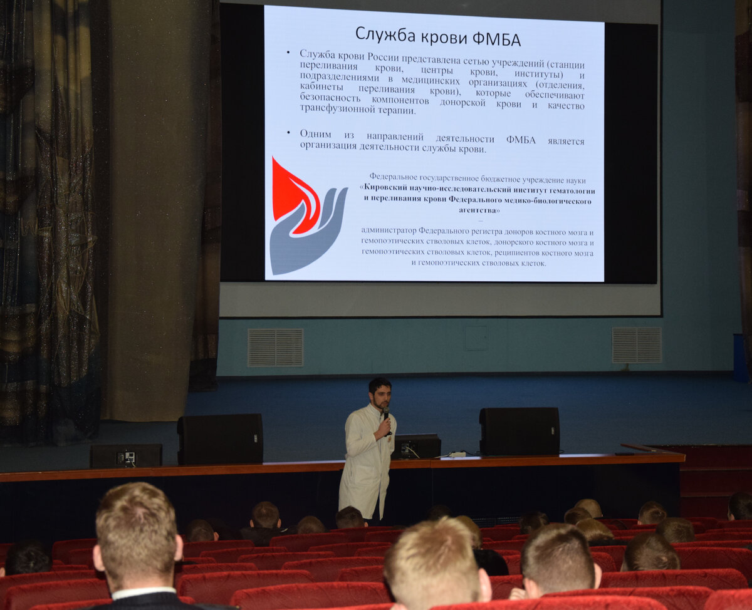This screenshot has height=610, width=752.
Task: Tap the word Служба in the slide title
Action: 385,35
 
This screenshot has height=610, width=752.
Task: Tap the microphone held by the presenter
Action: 387,420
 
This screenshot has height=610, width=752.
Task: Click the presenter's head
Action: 380,393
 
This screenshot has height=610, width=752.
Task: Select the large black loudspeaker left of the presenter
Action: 221,439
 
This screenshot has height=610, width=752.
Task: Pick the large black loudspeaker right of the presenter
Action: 520,431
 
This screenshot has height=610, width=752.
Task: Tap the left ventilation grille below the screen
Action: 275,348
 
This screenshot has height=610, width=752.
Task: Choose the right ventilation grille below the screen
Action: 637,344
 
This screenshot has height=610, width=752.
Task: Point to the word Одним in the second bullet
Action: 316,134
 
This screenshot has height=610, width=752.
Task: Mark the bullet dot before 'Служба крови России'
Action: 288,53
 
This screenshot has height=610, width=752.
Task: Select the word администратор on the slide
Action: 389,230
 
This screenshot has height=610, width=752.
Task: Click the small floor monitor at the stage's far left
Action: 126,455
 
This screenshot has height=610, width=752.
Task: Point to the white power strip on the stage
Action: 457,455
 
